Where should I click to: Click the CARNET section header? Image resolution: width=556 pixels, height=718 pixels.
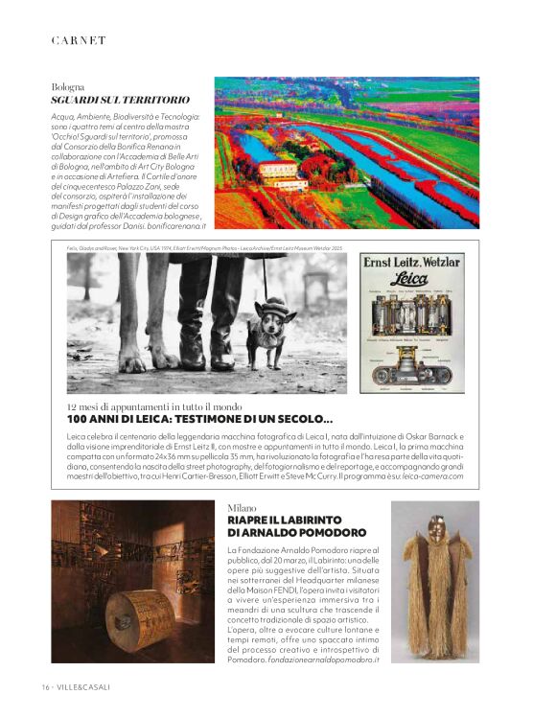(79, 39)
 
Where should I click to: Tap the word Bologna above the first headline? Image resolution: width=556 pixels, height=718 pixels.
(68, 86)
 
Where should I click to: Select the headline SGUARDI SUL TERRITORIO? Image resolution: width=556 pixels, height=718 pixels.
(120, 100)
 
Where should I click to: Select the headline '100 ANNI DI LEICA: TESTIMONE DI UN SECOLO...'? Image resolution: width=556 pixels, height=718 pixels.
(200, 420)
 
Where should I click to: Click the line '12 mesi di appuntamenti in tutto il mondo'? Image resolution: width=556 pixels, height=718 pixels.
(154, 407)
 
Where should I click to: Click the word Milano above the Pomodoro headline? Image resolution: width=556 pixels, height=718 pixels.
(242, 506)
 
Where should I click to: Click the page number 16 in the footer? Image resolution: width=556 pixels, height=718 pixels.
(45, 687)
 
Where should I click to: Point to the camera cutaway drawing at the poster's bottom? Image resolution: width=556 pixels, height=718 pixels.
(411, 367)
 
